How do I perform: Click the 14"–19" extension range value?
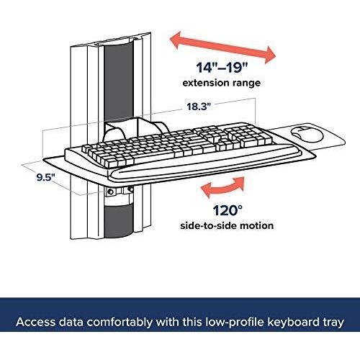(222, 68)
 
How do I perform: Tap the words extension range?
(222, 83)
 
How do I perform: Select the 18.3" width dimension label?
(199, 107)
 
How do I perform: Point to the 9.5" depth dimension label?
(46, 177)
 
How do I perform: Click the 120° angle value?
(228, 210)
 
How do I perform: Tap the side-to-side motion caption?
(227, 225)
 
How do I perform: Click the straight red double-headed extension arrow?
(222, 48)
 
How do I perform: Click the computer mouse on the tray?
(307, 134)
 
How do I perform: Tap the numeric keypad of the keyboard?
(250, 136)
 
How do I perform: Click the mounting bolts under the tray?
(120, 191)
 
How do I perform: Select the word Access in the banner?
(36, 322)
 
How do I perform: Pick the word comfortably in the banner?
(120, 322)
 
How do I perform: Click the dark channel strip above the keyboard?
(119, 81)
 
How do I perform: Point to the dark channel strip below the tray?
(119, 221)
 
